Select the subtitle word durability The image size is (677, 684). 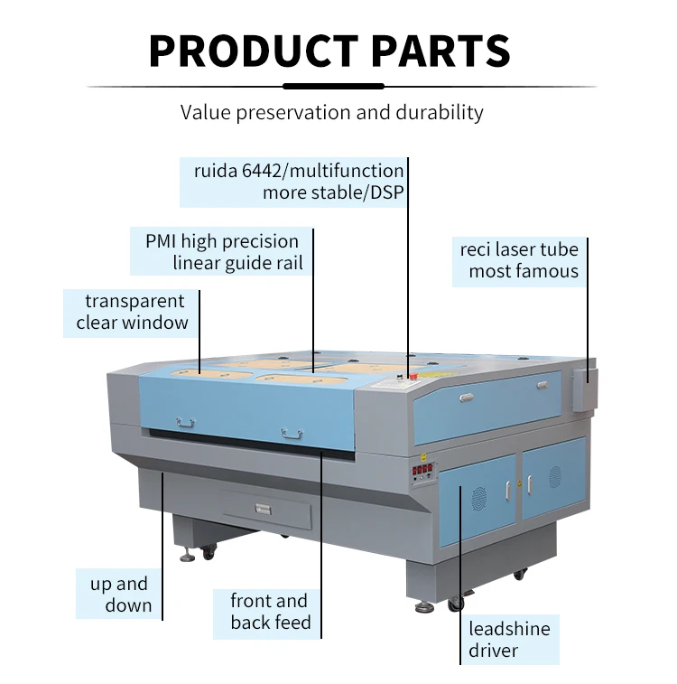tap(439, 113)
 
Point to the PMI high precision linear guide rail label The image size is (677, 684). tap(222, 252)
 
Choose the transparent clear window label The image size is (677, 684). tap(132, 312)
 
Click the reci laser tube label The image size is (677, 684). tap(519, 260)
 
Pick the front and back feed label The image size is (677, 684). tap(269, 612)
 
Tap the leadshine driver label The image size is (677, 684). tap(509, 640)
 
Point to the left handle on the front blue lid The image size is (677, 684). tap(185, 421)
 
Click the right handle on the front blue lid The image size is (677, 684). tap(291, 434)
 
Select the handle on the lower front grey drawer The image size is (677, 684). tap(264, 508)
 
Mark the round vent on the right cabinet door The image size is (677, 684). tap(554, 477)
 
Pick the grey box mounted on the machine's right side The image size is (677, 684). tap(583, 386)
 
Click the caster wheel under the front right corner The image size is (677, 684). tap(456, 604)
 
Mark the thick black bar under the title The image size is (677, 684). tap(334, 87)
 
